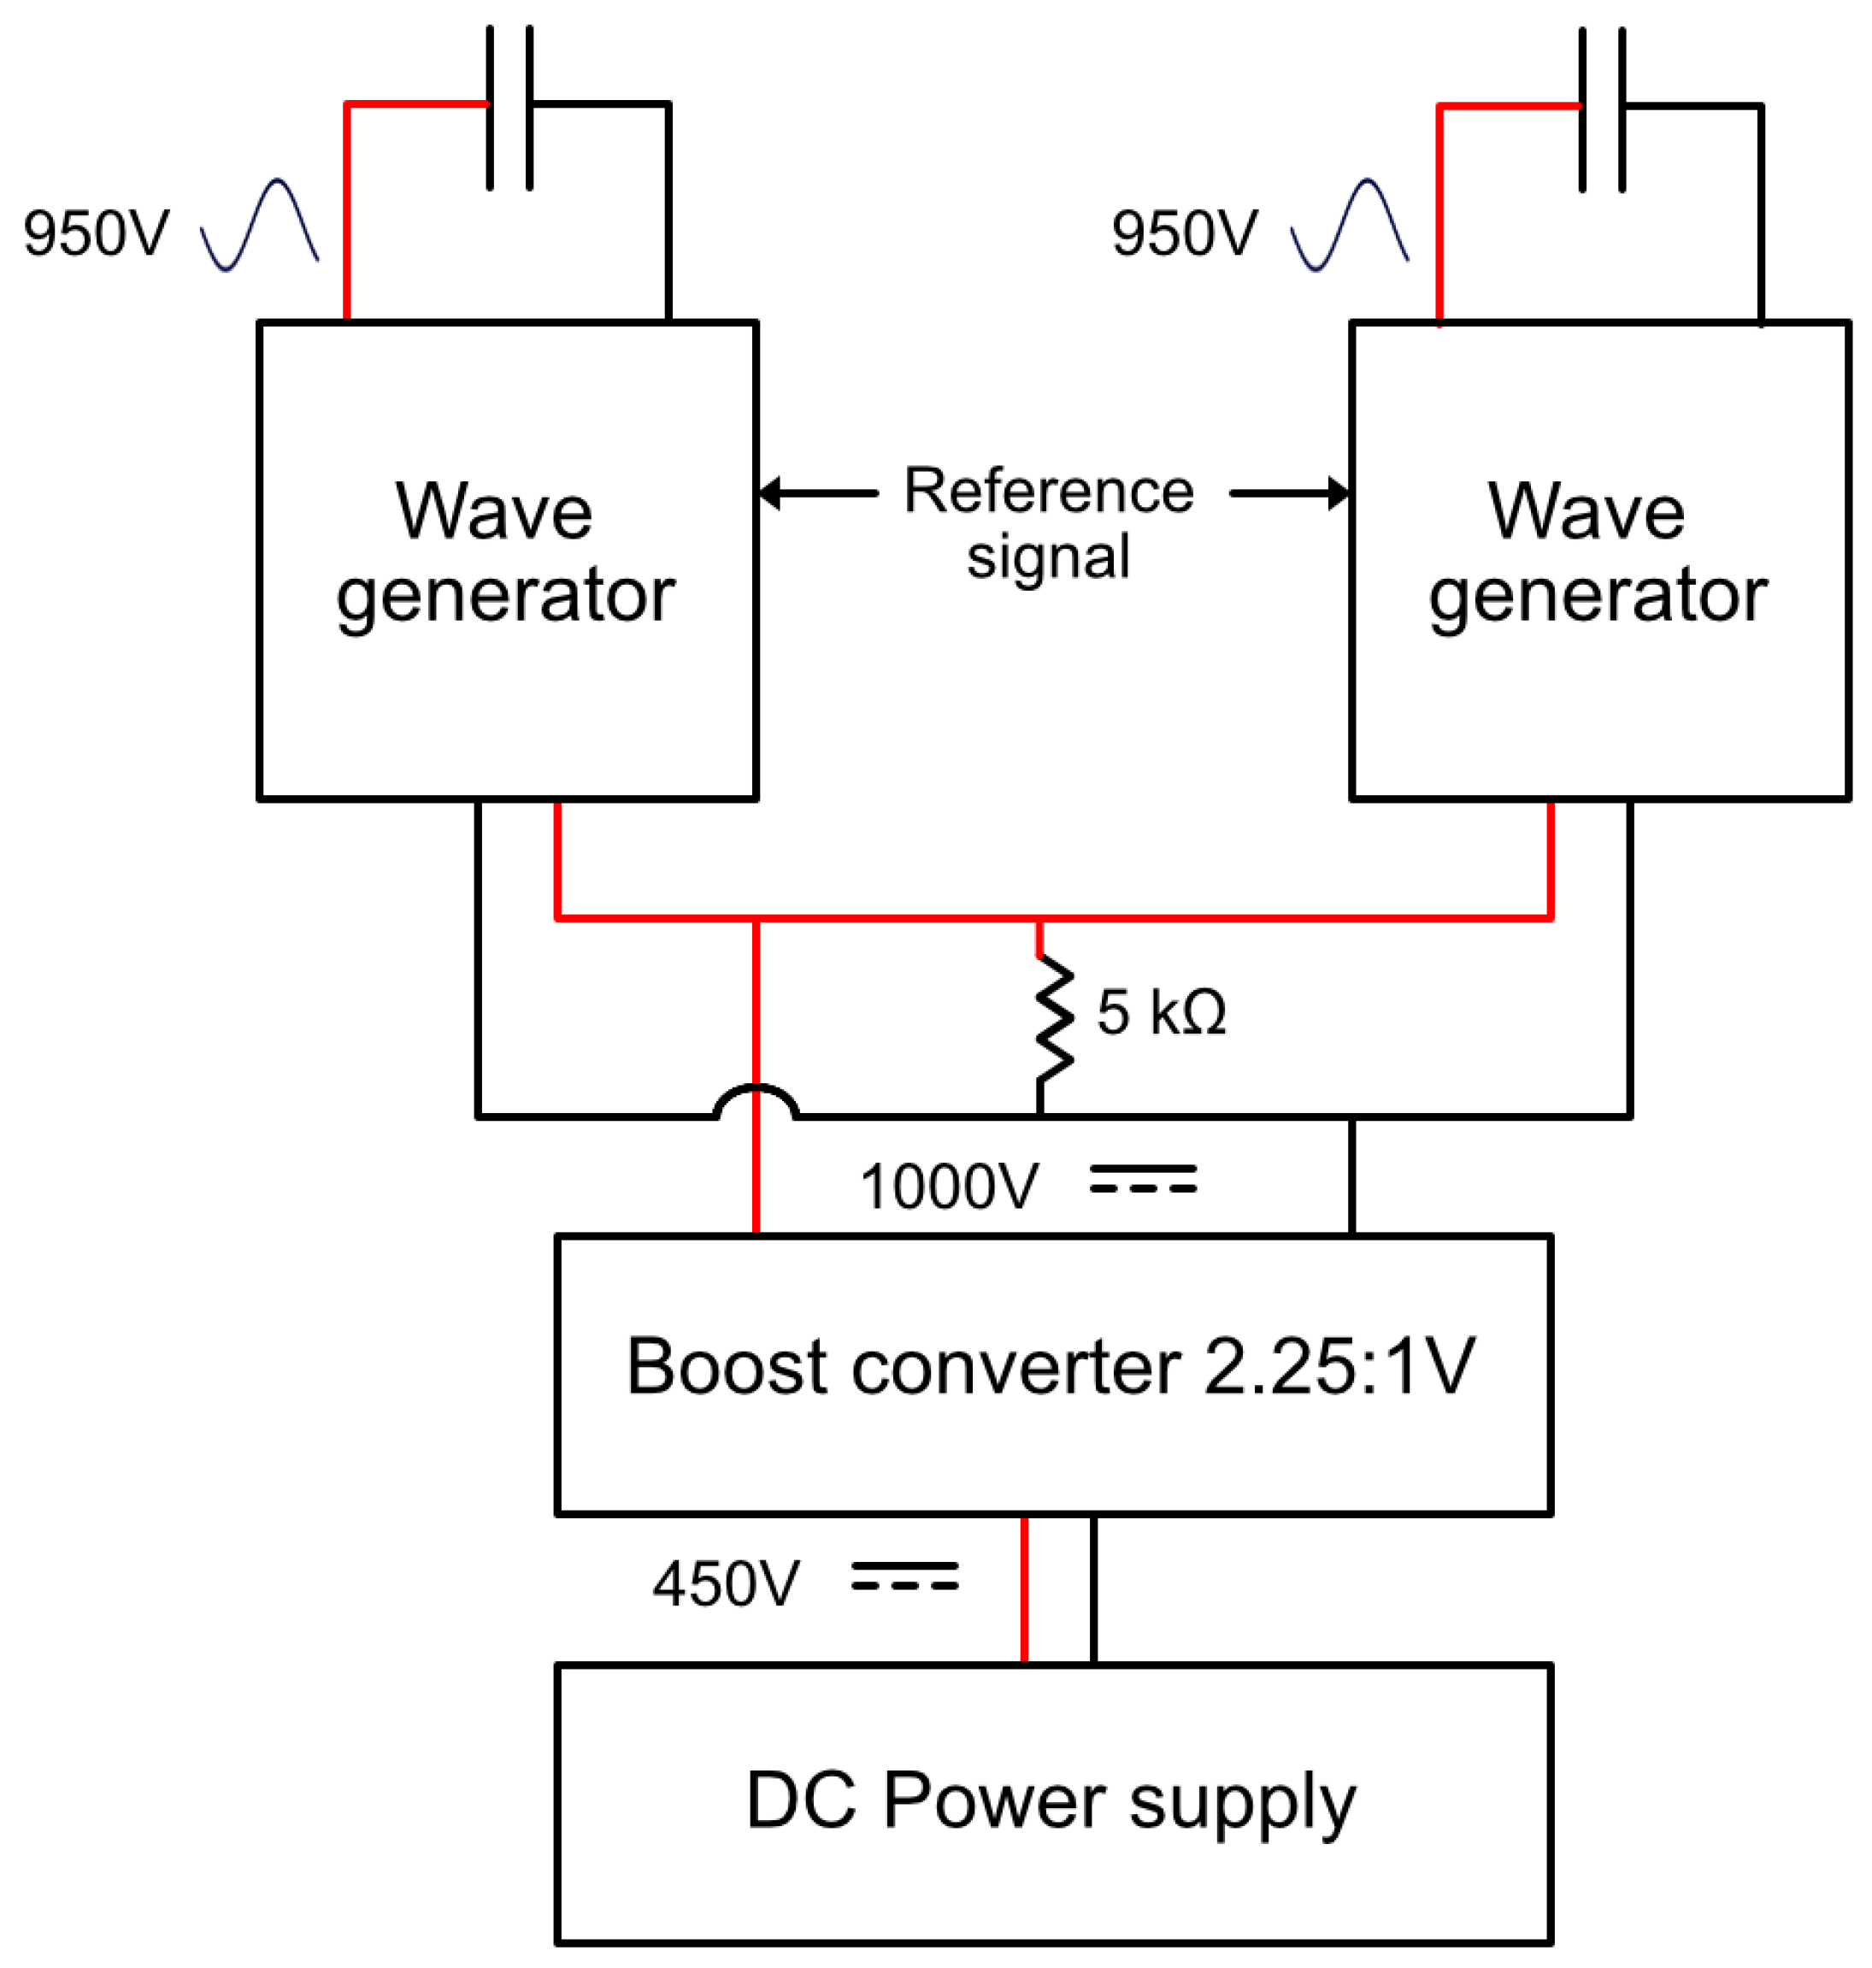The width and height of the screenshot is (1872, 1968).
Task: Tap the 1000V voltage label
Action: click(x=949, y=1187)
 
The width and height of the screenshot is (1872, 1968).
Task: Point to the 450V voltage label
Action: click(x=726, y=1584)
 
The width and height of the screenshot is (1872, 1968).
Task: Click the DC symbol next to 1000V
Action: click(x=1143, y=1180)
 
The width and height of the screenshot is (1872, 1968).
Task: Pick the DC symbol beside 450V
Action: click(x=904, y=1576)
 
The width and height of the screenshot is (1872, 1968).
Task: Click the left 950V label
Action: click(x=97, y=233)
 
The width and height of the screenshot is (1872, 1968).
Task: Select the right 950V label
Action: click(x=1185, y=233)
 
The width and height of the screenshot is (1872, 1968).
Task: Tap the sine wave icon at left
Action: click(x=260, y=226)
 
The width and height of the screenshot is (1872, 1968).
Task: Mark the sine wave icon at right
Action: click(x=1349, y=226)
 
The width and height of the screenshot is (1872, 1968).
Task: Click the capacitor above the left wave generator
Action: click(x=509, y=107)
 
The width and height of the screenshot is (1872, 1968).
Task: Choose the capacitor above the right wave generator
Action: click(x=1602, y=109)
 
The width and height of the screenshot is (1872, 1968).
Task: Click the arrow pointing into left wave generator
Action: click(x=813, y=493)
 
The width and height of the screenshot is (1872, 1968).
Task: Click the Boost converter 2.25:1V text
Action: click(x=1050, y=1367)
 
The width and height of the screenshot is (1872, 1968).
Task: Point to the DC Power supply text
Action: click(x=1050, y=1801)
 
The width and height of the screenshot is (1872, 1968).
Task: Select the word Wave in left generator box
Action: click(x=494, y=511)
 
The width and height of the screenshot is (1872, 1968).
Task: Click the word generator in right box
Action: click(x=1598, y=596)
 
